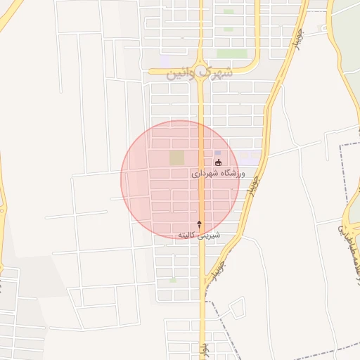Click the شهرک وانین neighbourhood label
point(199,72)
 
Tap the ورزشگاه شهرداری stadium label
point(218,172)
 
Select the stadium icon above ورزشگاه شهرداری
point(218,163)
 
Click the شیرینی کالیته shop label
point(199,234)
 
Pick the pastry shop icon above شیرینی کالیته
point(199,224)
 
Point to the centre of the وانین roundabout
point(202,70)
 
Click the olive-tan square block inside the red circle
point(177,157)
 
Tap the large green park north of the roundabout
point(232,53)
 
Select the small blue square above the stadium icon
point(217,153)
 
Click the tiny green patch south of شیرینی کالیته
point(173,280)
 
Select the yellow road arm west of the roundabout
point(169,70)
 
